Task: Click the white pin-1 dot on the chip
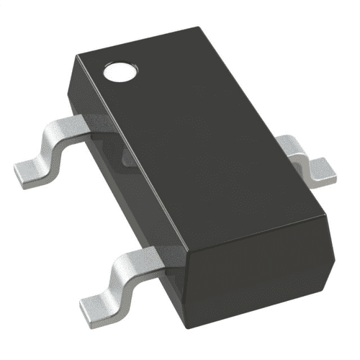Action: pyautogui.click(x=119, y=71)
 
